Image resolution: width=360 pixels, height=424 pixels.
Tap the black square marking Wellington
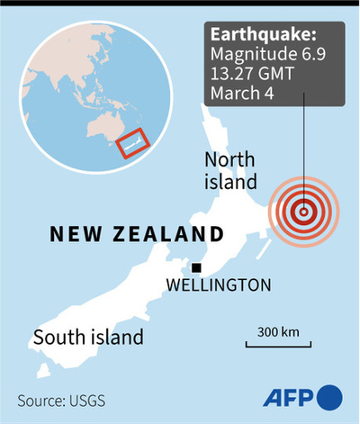coord(195,267)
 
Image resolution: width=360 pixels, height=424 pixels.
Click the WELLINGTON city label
coord(219,285)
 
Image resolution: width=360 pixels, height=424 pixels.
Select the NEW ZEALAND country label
coord(136,235)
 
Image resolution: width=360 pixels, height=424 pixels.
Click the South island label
coord(88,338)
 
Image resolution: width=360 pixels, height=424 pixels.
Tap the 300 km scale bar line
coord(278,344)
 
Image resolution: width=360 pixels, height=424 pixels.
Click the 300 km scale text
coord(278,331)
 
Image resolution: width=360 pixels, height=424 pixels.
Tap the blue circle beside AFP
coord(330,397)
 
